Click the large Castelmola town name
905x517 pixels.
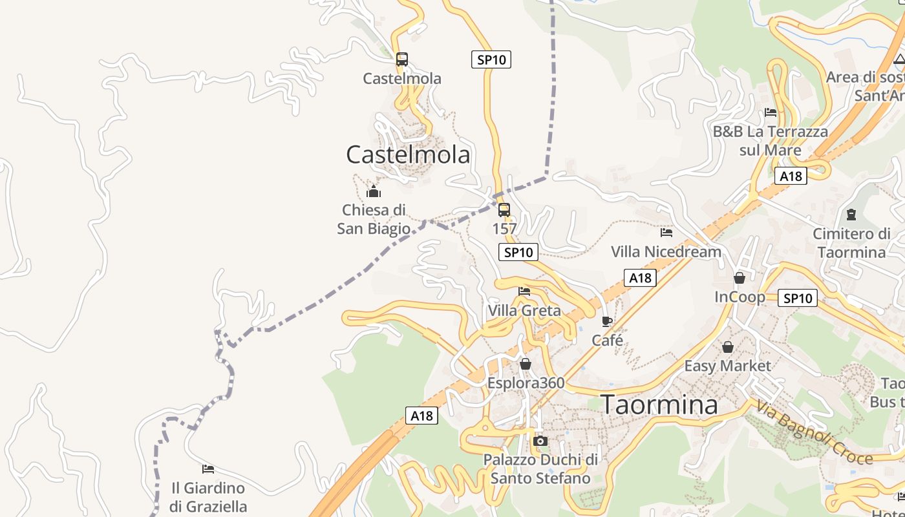point(408,155)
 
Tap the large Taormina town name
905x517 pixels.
point(659,405)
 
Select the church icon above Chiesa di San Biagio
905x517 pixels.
point(374,191)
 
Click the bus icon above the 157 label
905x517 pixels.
point(504,210)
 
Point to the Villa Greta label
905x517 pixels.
point(524,311)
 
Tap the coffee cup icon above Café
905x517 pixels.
point(607,321)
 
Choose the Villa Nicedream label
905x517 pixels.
point(666,251)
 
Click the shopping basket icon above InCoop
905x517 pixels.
point(740,278)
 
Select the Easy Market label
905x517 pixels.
point(727,366)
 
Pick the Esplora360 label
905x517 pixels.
point(526,383)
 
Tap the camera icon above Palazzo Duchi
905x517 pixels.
point(540,441)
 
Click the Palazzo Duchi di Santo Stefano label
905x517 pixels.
point(540,469)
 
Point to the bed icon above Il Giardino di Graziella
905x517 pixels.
point(208,469)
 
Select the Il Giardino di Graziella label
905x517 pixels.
point(208,497)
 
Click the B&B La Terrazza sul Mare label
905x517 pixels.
point(770,141)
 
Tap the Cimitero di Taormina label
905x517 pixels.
point(851,243)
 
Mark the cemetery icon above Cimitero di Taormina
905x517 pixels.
point(851,214)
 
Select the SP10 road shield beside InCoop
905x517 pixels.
point(798,298)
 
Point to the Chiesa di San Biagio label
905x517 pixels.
point(374,219)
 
